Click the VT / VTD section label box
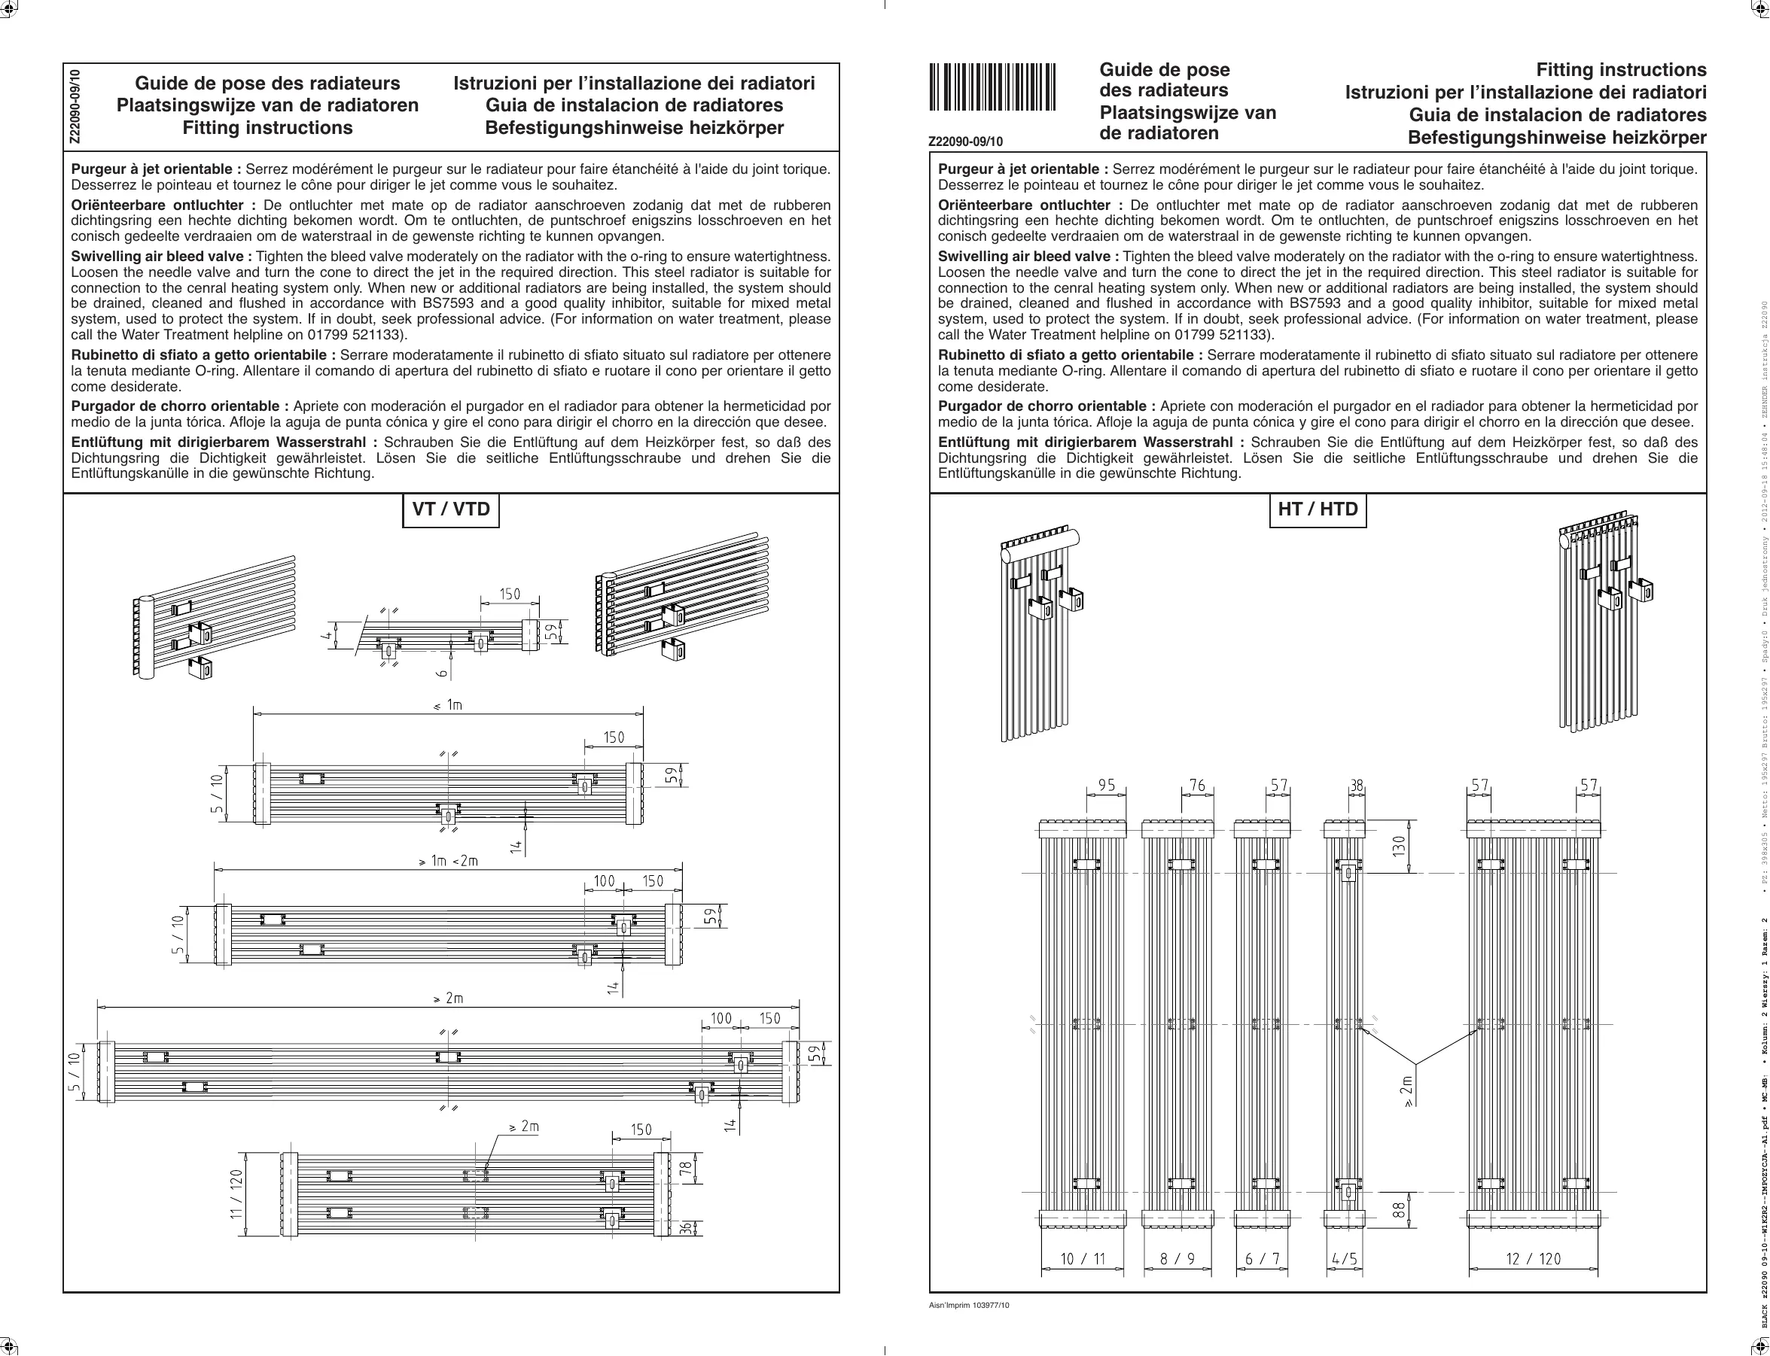pos(450,510)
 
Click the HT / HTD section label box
pos(1317,510)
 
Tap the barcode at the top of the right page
pos(992,87)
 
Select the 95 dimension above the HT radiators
pos(1106,786)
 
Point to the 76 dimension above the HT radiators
pos(1198,786)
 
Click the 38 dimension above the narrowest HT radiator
pos(1357,786)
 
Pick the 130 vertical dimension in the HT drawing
pos(1400,847)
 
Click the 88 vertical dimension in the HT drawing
pos(1400,1211)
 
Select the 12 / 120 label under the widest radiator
pos(1534,1258)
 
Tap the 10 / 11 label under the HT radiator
pos(1082,1258)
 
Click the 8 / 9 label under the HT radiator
pos(1177,1258)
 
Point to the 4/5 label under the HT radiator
pos(1345,1258)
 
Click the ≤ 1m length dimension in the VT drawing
pos(448,704)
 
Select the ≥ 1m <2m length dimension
pos(448,860)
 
